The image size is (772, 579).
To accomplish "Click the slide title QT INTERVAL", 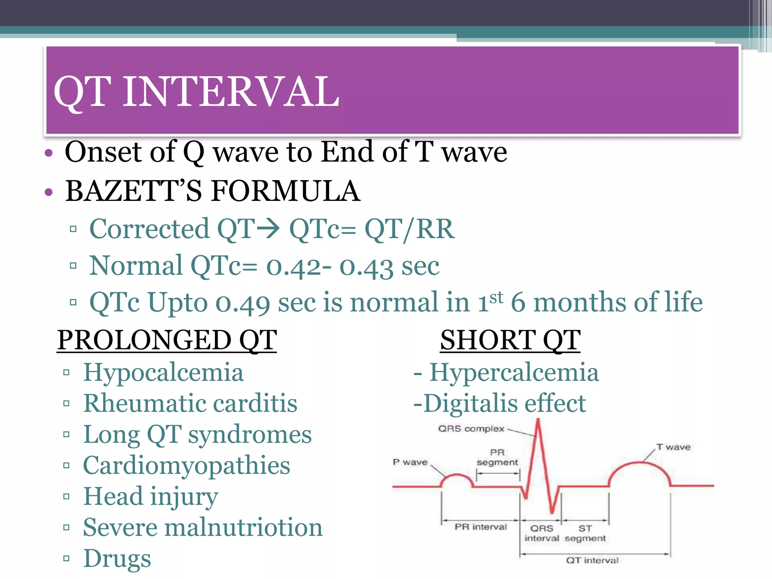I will pos(196,92).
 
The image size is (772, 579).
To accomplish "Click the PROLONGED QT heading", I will pos(167,340).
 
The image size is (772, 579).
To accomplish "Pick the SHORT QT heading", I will pos(510,340).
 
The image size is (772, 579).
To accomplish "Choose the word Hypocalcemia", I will pos(163,372).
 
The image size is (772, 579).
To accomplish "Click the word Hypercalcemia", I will pos(514,372).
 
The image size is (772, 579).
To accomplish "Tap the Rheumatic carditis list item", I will pos(190,403).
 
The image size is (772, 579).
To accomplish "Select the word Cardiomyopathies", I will pos(186,466).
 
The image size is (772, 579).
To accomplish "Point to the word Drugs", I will pos(117,559).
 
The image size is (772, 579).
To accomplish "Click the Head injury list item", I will pos(150,496).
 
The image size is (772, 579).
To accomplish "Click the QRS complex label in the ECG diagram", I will pos(471,429).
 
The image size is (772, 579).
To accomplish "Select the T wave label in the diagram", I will pos(673,447).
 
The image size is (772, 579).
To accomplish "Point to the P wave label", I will pos(410,462).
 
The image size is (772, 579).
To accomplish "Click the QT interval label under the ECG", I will pos(592,561).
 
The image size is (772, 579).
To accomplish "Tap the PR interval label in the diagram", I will pos(481,527).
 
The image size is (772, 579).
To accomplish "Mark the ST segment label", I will pos(585,533).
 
